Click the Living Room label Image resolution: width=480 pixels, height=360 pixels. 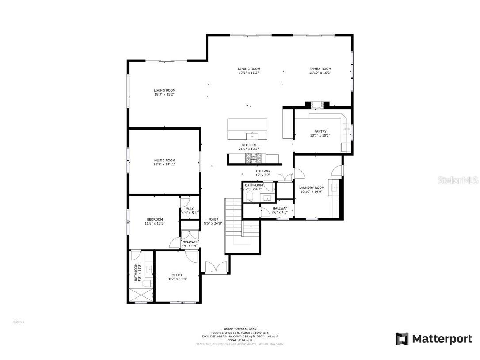coord(164,90)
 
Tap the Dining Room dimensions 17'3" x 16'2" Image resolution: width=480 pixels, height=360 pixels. coord(249,73)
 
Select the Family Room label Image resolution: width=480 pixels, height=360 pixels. coord(320,69)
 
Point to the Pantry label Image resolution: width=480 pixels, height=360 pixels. coord(320,131)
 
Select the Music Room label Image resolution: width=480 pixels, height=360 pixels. coord(164,160)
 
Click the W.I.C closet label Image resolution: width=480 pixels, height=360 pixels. coord(190,209)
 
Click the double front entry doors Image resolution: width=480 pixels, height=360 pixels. coord(215,268)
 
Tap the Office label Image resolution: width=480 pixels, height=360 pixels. coord(177,275)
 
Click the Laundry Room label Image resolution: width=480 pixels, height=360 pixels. coord(312,188)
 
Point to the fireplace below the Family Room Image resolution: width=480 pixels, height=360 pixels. coord(317,105)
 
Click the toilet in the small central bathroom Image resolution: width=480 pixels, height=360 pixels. coord(249,195)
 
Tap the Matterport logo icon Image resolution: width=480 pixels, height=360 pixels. coord(402,339)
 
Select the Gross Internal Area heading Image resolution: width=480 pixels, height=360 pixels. coord(240,329)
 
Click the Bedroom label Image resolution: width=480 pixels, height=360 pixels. coord(155,219)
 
